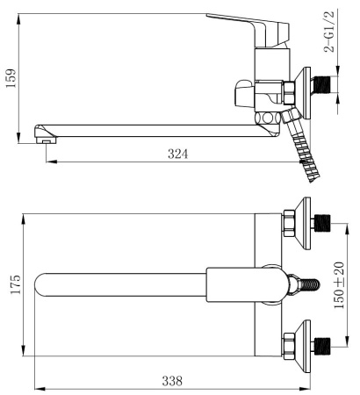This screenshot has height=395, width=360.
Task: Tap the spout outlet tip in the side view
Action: pos(40,133)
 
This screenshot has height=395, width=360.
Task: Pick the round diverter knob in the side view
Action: pos(242,92)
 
